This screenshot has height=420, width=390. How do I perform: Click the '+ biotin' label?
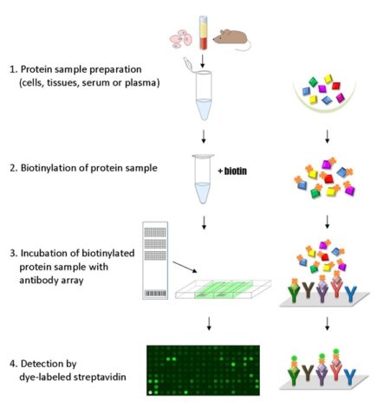230,171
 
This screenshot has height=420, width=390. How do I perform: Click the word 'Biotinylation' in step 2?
54,168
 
